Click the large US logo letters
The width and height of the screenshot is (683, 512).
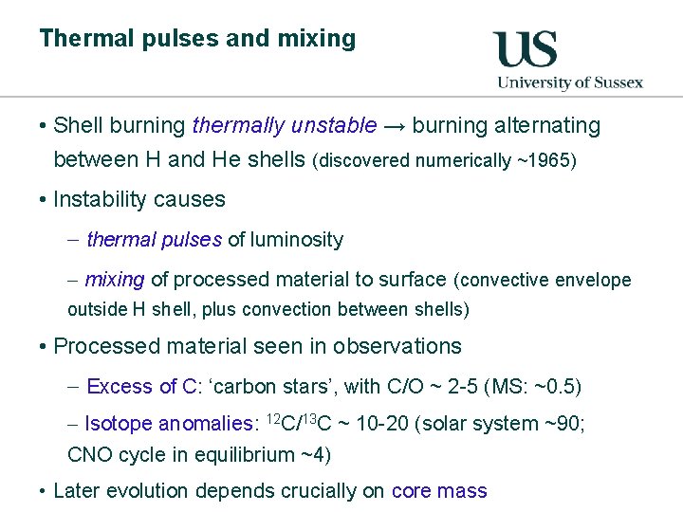point(525,48)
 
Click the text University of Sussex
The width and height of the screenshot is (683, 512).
point(570,82)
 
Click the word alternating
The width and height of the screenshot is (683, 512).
point(551,126)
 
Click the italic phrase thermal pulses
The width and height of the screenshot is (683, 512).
point(154,240)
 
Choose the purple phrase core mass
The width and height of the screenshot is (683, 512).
point(439,491)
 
